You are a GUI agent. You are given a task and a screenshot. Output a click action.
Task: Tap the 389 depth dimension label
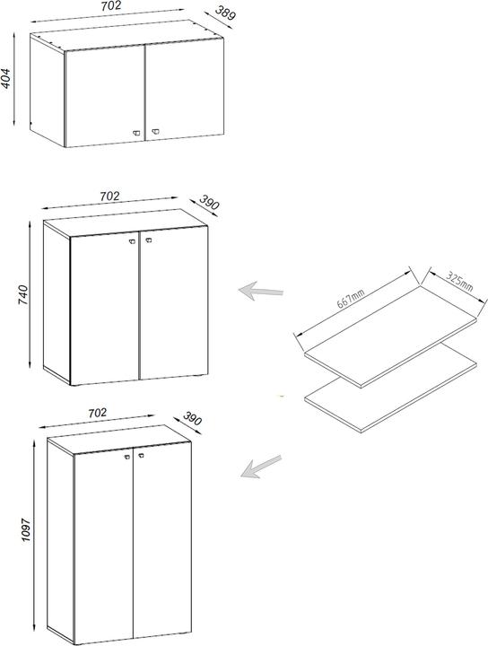225,13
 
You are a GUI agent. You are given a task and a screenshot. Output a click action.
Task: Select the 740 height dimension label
23,294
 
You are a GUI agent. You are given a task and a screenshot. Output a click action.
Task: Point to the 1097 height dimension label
26,529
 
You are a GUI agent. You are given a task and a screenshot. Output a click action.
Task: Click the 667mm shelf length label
351,299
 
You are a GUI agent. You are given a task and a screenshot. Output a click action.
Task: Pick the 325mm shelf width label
459,282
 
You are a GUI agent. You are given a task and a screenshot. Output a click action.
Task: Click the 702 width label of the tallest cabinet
97,413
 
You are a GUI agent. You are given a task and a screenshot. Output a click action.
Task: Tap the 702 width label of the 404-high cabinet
111,5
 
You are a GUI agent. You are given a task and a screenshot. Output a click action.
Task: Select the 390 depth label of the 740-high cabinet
209,202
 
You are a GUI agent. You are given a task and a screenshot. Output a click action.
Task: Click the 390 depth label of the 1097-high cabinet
192,419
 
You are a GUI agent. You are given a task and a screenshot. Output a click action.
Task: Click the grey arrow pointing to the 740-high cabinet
261,291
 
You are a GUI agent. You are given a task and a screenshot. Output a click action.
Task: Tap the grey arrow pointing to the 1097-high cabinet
261,467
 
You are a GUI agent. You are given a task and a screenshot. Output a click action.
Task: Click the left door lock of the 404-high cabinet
136,132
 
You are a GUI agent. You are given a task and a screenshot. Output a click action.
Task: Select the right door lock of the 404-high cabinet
155,131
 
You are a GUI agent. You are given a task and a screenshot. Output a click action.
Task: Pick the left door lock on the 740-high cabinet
132,241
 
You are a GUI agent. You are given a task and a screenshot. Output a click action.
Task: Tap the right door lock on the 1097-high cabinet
141,455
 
